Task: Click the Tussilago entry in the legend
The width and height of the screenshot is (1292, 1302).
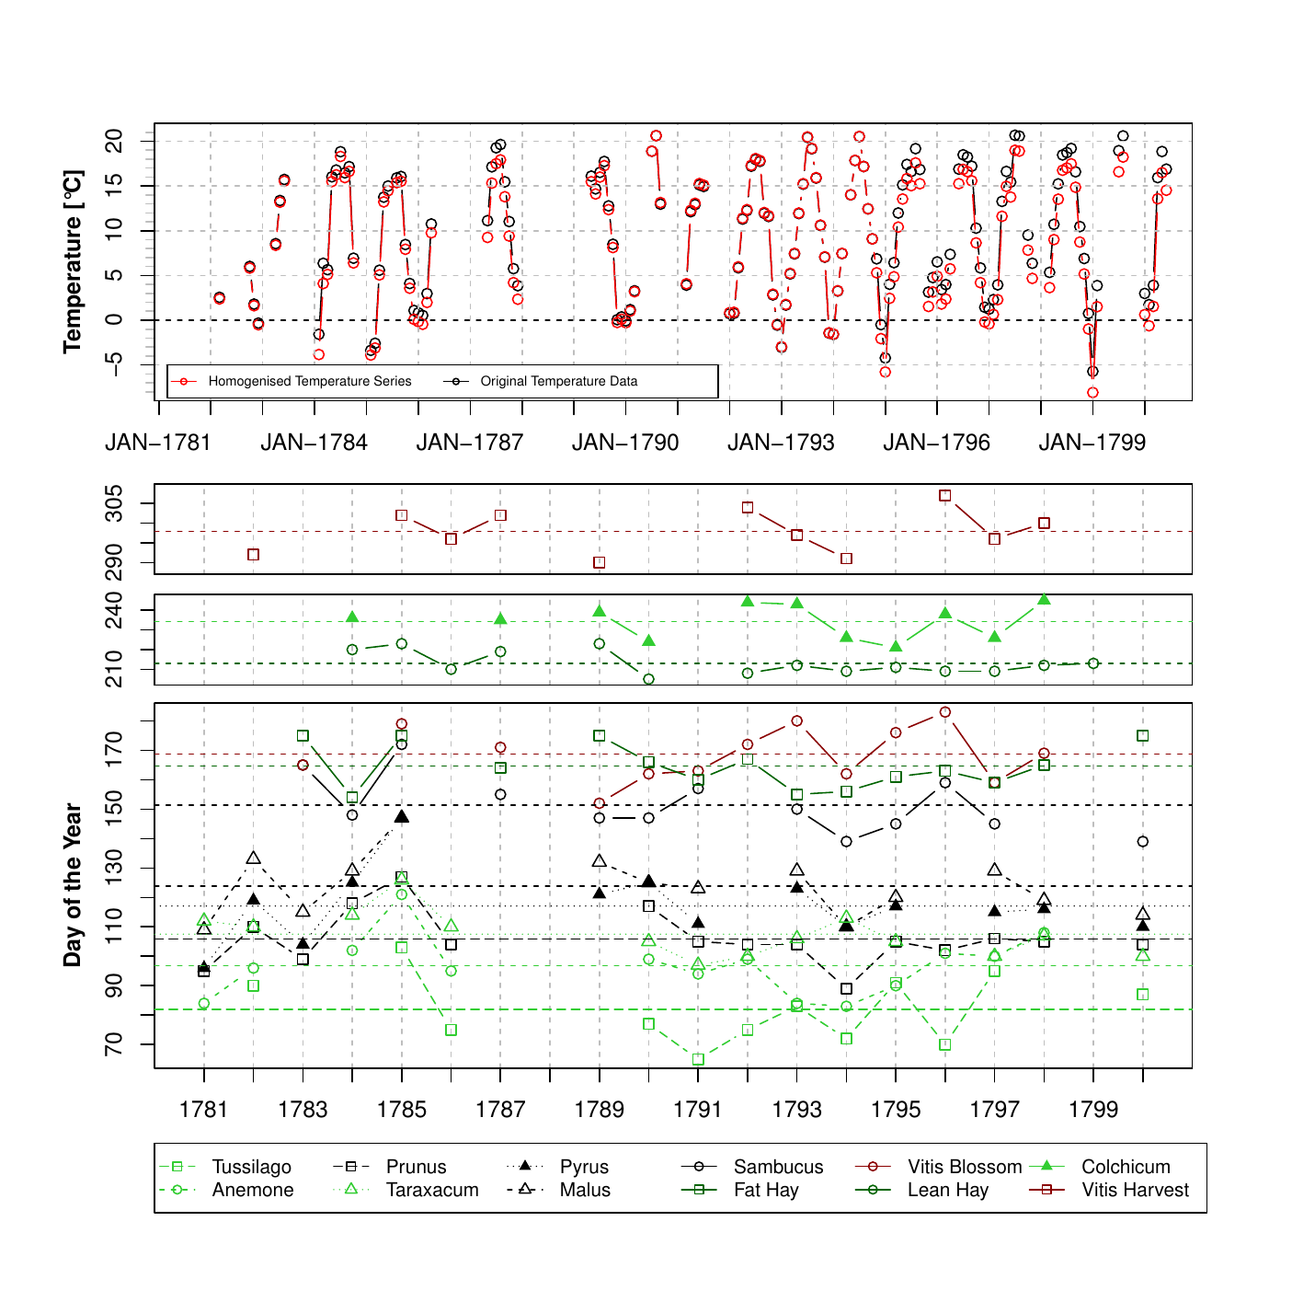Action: click(x=251, y=1167)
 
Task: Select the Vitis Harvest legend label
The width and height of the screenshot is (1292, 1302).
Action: click(x=1135, y=1190)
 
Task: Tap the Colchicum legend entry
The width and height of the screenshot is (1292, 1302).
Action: click(x=1126, y=1167)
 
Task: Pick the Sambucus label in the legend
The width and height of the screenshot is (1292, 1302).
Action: click(x=778, y=1167)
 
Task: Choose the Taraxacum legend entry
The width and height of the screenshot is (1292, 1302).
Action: click(x=432, y=1190)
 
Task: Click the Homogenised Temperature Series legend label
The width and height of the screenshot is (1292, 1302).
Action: click(x=310, y=381)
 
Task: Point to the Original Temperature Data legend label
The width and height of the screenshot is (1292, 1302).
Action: click(x=558, y=381)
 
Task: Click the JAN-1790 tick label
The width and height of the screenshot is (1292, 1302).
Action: click(x=625, y=443)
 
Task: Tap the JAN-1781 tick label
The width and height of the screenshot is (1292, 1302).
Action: click(x=158, y=443)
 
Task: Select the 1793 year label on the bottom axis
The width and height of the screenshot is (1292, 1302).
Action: click(x=796, y=1109)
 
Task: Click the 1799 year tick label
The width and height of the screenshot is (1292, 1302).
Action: click(x=1093, y=1109)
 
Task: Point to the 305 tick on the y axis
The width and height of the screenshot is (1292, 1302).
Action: click(x=115, y=503)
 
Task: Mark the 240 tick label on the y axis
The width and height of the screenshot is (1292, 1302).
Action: click(x=115, y=610)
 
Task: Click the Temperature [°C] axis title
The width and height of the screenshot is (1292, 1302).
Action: click(x=73, y=261)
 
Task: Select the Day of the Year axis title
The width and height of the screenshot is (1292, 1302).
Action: click(x=73, y=885)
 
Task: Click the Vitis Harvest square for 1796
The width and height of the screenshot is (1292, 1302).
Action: click(x=945, y=496)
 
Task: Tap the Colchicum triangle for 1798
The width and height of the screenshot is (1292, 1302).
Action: click(x=1044, y=600)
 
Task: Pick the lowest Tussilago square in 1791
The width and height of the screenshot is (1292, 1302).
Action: click(x=698, y=1060)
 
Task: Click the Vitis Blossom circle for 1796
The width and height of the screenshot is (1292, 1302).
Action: click(x=945, y=712)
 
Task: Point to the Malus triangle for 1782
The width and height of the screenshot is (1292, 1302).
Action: click(x=254, y=858)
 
